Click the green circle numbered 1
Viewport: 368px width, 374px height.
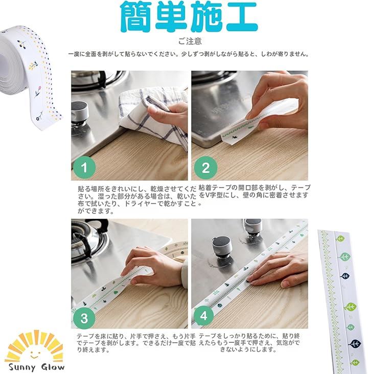click(x=84, y=167)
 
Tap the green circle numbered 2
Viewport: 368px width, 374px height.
click(x=205, y=168)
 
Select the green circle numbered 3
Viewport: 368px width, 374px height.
click(x=84, y=318)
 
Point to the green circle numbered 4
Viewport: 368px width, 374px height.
click(x=203, y=316)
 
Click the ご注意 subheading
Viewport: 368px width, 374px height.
click(x=190, y=41)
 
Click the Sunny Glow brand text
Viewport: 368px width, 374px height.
click(x=36, y=367)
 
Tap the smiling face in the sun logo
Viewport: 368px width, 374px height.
click(x=35, y=354)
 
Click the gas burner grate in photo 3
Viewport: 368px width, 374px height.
click(x=90, y=241)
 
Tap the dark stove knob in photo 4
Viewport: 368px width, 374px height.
click(x=222, y=247)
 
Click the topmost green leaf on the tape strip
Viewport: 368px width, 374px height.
click(x=340, y=238)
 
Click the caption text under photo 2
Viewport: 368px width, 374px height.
click(x=255, y=191)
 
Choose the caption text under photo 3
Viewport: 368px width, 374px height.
click(x=136, y=343)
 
